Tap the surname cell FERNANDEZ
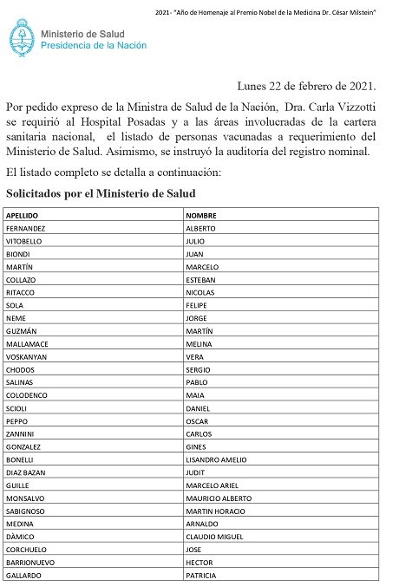[x=27, y=228]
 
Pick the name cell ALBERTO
[x=201, y=228]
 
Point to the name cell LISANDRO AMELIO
[x=218, y=459]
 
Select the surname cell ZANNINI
[x=23, y=433]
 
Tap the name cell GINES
[x=196, y=446]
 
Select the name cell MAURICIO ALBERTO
[x=219, y=498]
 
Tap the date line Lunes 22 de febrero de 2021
[x=306, y=85]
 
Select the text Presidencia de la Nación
[x=95, y=44]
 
